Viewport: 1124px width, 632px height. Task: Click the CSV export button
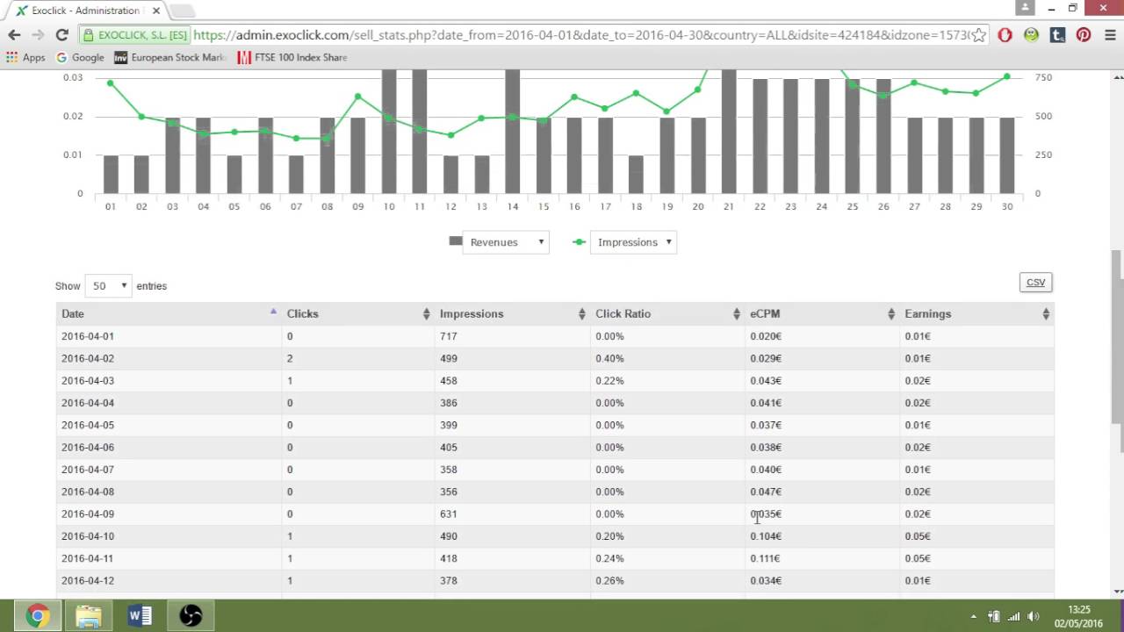pos(1035,282)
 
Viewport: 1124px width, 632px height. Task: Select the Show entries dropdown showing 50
pos(107,286)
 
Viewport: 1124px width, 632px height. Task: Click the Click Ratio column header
pos(623,313)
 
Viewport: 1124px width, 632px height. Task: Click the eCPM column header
pos(765,313)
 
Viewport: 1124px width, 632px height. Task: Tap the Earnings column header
pos(928,313)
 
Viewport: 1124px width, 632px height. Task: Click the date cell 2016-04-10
pos(88,536)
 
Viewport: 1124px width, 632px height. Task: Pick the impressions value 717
pos(449,336)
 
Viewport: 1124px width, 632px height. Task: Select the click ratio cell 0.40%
pos(609,358)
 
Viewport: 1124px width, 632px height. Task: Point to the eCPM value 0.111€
pos(766,558)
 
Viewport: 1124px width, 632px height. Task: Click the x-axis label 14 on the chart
pos(513,206)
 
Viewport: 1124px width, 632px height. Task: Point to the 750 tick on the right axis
pos(1043,77)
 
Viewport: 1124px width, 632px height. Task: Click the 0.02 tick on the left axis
pos(73,116)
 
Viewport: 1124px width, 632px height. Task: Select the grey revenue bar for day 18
pos(636,174)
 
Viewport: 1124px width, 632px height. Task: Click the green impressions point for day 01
pos(111,83)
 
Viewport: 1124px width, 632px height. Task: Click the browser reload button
pos(61,35)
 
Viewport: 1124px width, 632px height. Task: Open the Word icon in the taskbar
pos(140,615)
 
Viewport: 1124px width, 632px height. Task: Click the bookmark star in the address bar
pos(978,35)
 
